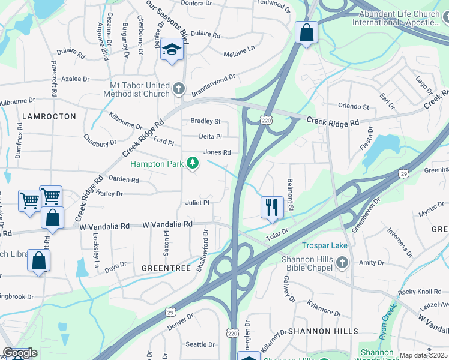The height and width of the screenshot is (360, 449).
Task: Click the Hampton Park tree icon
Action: click(x=193, y=163)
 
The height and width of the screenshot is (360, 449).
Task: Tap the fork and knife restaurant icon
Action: click(x=272, y=207)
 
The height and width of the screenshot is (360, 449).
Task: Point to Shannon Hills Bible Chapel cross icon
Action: click(x=342, y=262)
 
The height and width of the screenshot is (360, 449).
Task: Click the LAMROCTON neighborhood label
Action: click(x=49, y=116)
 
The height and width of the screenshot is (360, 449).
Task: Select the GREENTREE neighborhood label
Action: click(x=165, y=267)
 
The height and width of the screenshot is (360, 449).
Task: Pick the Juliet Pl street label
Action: click(x=197, y=203)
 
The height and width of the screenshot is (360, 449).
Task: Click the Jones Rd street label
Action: click(x=217, y=152)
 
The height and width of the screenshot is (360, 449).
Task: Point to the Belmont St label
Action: click(x=291, y=195)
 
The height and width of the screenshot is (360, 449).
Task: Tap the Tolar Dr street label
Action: click(x=277, y=234)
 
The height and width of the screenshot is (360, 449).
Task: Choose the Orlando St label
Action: click(x=353, y=107)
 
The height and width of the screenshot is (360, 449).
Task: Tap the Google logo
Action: click(x=20, y=353)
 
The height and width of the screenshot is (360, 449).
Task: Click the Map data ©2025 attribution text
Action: click(x=423, y=355)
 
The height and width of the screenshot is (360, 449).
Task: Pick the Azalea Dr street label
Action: click(x=74, y=79)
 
